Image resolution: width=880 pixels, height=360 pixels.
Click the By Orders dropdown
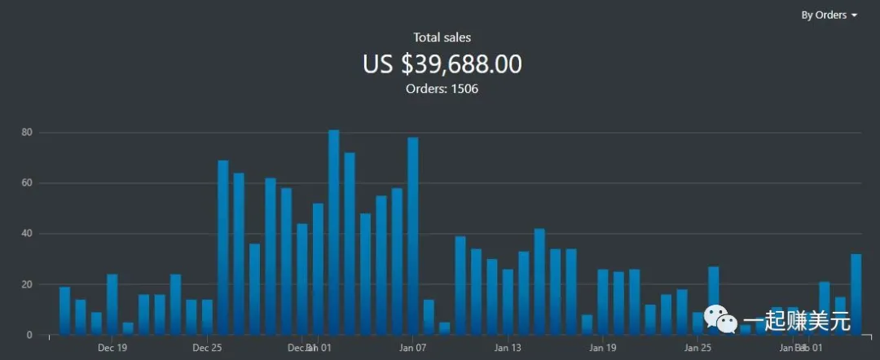click(829, 15)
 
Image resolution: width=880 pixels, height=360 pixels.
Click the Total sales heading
click(442, 37)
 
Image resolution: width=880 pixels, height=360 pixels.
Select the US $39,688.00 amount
click(442, 64)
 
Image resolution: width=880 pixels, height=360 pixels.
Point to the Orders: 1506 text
click(442, 88)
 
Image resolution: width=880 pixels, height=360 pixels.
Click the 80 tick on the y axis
click(27, 132)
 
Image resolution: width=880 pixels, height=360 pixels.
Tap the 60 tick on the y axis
click(27, 183)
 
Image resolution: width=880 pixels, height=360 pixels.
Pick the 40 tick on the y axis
click(27, 234)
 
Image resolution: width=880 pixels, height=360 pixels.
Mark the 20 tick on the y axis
click(27, 284)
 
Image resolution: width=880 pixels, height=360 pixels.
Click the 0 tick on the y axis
click(29, 335)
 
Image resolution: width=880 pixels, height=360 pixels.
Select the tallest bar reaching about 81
click(334, 232)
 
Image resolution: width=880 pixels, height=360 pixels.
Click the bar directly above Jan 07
click(413, 236)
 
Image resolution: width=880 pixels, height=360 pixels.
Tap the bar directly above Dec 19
click(112, 305)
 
